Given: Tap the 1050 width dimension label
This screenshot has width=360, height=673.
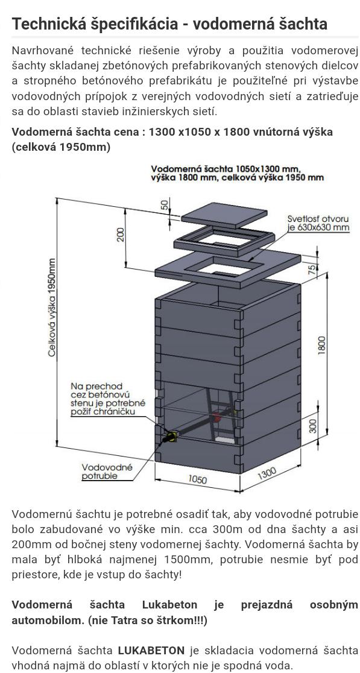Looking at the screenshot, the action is tap(198, 479).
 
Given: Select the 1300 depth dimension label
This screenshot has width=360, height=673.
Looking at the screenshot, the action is tap(267, 475).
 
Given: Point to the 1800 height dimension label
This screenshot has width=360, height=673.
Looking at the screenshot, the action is tap(322, 345).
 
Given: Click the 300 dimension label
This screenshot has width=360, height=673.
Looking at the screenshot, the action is tap(312, 426).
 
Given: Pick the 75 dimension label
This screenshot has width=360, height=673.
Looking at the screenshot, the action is tap(312, 269).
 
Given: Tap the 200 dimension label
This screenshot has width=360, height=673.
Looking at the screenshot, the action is tap(121, 235).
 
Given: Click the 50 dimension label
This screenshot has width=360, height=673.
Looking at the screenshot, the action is tap(165, 204).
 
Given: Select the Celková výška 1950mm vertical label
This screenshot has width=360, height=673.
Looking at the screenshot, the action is tap(52, 308).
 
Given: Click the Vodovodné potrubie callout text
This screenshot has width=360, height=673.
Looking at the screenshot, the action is tap(107, 471).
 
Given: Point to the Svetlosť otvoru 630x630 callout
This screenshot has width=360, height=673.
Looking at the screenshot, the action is tap(318, 223).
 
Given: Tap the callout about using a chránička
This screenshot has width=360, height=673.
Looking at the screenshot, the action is tap(108, 399).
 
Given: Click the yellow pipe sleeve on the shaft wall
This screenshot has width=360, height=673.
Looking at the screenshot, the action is tap(171, 437).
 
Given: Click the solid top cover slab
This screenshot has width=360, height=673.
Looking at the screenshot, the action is tap(224, 215).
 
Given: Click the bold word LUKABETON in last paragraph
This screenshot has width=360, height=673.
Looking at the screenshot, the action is tap(151, 650).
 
